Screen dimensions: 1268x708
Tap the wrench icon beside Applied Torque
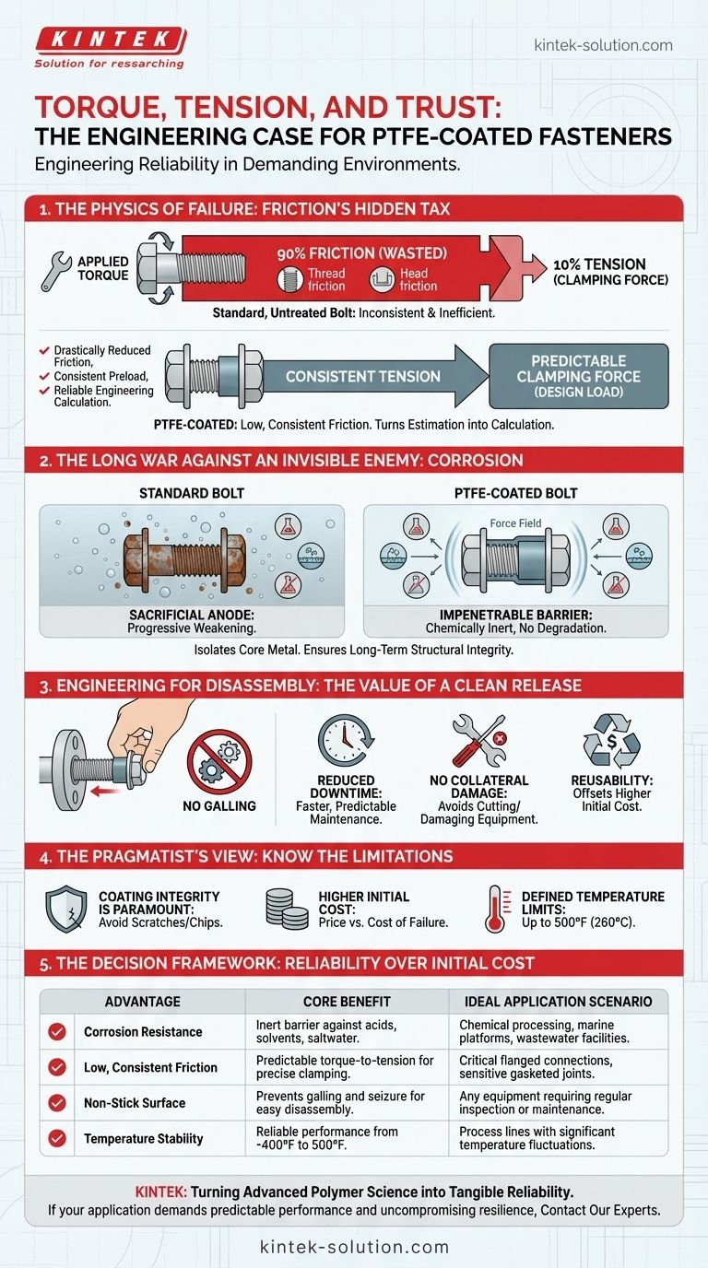click(x=56, y=267)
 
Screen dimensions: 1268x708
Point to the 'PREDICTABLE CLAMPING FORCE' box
click(x=578, y=375)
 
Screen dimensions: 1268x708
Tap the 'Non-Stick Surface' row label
click(x=135, y=1102)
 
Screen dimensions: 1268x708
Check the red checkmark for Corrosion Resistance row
click(x=57, y=1032)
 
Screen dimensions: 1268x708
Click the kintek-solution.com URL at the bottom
click(x=354, y=1248)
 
